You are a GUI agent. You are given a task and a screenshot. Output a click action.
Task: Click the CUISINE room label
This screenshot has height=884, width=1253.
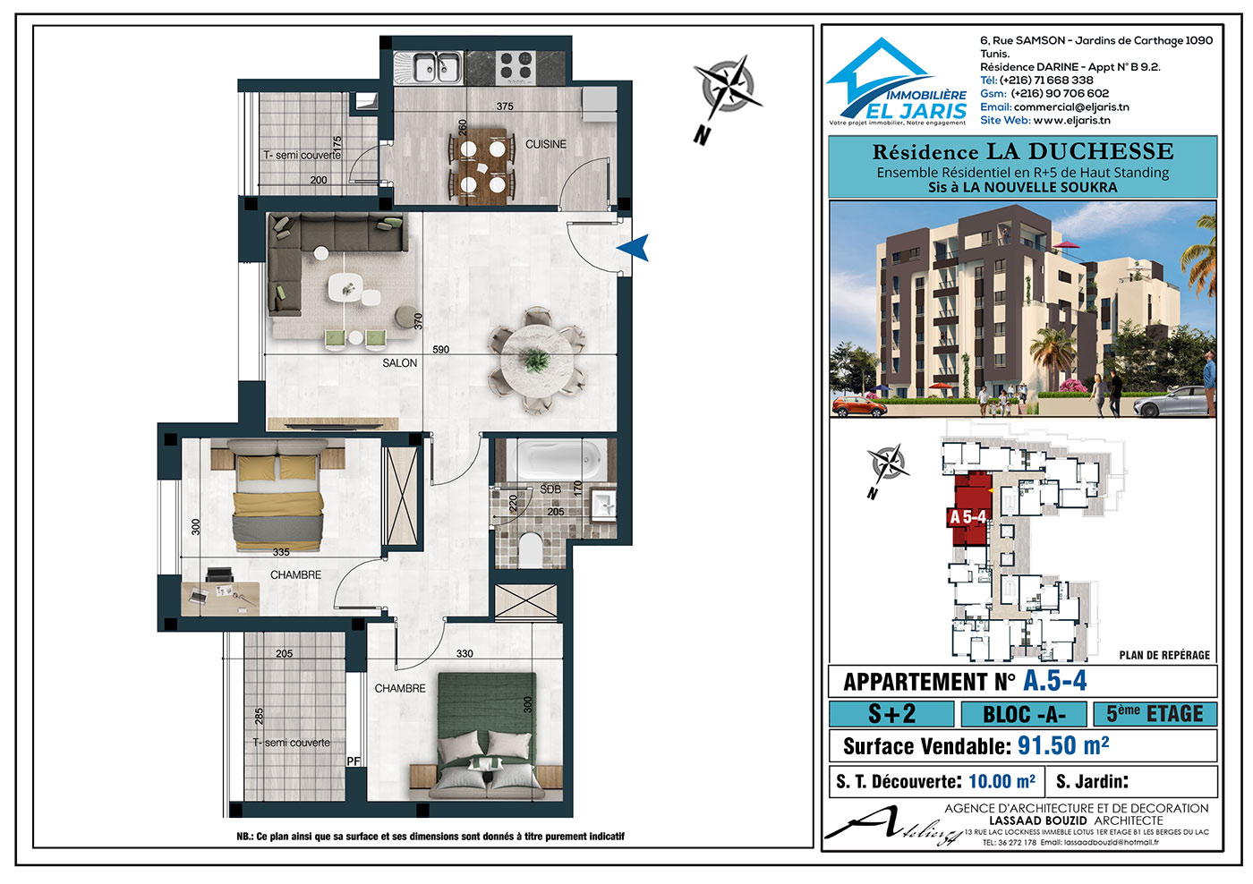tap(545, 144)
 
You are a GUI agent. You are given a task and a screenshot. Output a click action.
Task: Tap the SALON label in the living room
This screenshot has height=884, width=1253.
tap(399, 363)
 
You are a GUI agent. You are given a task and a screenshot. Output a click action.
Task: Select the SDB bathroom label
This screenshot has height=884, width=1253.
tap(550, 489)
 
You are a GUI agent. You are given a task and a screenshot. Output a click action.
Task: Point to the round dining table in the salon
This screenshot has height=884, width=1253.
tap(537, 360)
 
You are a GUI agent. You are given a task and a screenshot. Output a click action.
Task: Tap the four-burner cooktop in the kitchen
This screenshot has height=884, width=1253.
tap(516, 64)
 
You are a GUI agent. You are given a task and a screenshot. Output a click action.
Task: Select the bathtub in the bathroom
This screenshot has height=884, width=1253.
tap(556, 460)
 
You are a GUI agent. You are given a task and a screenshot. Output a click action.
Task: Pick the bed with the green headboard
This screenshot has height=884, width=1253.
tap(487, 735)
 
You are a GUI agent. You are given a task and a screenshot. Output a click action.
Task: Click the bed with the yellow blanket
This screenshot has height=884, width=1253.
tap(278, 495)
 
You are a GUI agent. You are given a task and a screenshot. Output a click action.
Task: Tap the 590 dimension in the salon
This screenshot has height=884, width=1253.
tap(440, 350)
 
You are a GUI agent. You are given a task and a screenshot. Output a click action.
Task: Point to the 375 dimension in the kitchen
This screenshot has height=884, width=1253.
tap(505, 106)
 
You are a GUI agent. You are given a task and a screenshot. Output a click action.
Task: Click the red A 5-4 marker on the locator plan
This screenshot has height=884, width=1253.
tap(967, 517)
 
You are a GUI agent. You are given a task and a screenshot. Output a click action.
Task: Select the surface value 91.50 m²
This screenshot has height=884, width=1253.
tap(1063, 745)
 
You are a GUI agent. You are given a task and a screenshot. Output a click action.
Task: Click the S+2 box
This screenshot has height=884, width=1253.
tap(891, 714)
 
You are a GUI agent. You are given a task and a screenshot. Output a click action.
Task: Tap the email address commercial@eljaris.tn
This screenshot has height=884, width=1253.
tap(1071, 106)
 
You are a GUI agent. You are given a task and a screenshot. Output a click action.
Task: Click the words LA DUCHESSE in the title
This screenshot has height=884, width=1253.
tap(1079, 151)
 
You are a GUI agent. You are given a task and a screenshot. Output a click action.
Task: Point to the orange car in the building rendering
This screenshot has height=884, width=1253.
tap(859, 406)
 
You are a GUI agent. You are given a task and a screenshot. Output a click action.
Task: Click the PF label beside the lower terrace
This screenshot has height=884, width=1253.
tap(353, 761)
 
